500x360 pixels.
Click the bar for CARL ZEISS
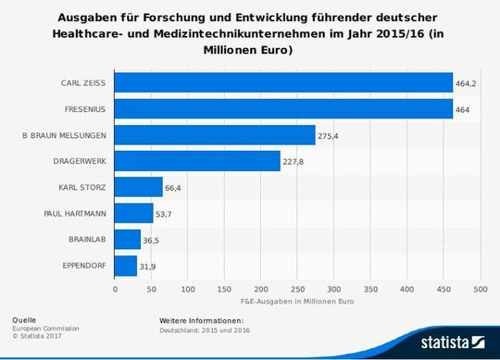283,82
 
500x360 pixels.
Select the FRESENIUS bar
283,108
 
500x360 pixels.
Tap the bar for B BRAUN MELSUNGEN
215,135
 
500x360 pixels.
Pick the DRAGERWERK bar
197,161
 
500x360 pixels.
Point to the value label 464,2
466,83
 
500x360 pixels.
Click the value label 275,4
329,136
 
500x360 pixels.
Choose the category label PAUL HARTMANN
76,214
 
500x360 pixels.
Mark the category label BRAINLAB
88,241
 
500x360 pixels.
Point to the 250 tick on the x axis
297,289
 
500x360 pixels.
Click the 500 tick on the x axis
480,289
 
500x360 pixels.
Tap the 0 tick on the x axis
115,289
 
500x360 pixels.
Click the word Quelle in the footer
23,319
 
